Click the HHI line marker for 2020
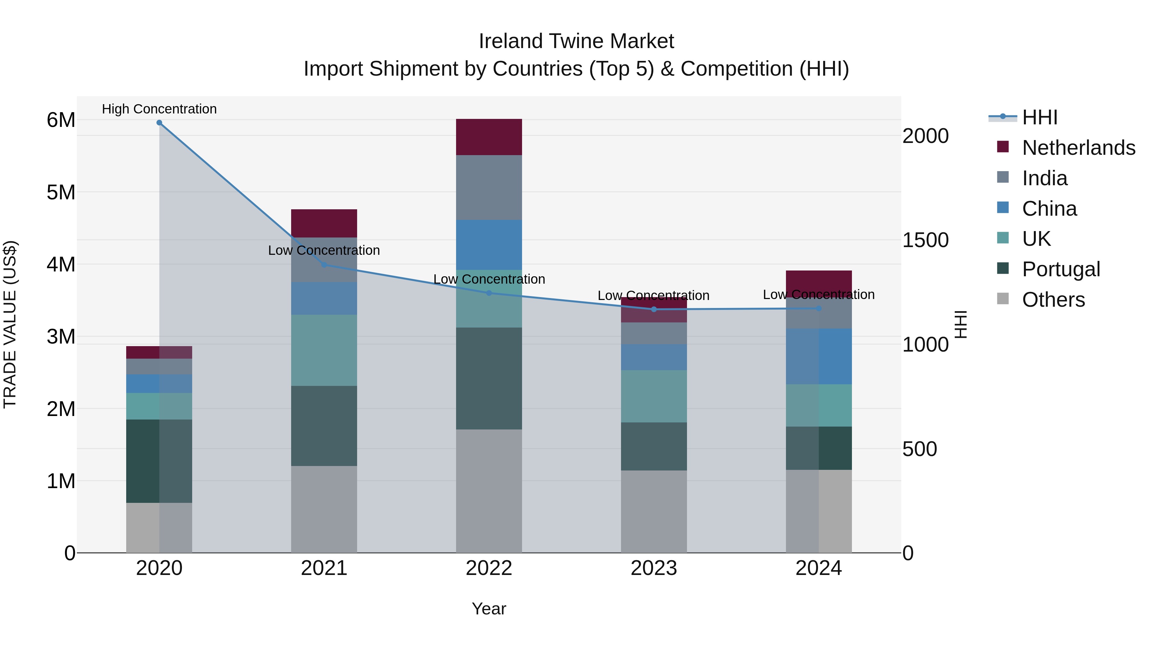pos(159,123)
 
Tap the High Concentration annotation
pos(159,109)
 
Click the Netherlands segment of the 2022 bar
pos(489,137)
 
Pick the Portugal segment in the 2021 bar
pos(324,426)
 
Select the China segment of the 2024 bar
pos(819,356)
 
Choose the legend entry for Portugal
pos(1060,269)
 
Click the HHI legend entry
pos(1039,117)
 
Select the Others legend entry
pos(1053,300)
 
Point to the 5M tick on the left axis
pos(61,193)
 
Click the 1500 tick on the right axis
pos(925,240)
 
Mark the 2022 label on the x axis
pos(489,568)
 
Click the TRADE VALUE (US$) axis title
pos(10,324)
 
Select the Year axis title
pos(489,609)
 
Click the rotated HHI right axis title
pos(961,324)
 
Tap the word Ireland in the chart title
pos(510,41)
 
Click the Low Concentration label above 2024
pos(819,295)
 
